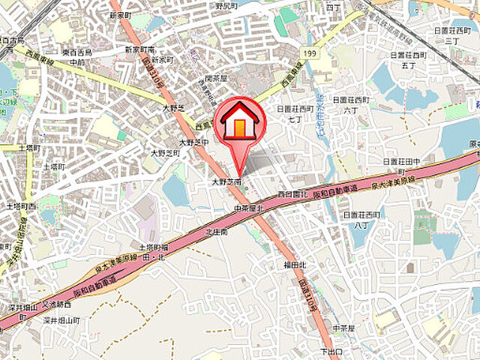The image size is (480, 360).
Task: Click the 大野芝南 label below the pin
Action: (x=226, y=182)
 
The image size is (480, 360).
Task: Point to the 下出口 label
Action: (x=331, y=351)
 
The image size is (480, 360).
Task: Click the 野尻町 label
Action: (x=226, y=5)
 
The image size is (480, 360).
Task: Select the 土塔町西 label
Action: (x=21, y=205)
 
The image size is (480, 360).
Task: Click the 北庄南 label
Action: (x=217, y=232)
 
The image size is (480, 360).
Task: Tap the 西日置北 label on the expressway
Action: (x=288, y=194)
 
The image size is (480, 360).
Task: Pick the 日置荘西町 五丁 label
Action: (x=408, y=60)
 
